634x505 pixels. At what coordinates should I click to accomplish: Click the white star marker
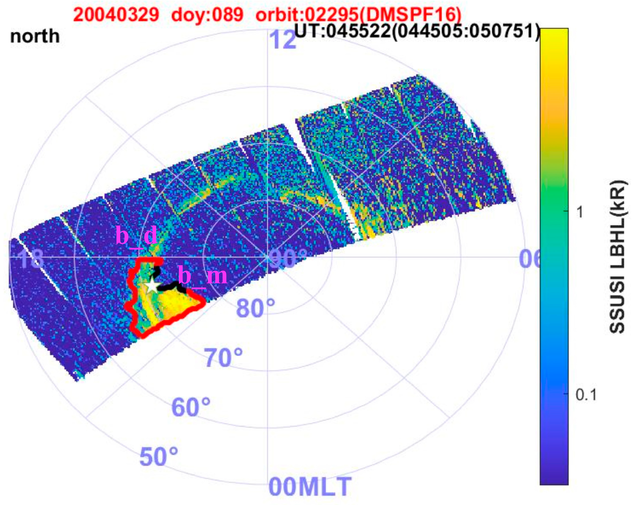coord(152,286)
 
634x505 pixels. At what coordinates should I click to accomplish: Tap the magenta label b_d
coord(136,236)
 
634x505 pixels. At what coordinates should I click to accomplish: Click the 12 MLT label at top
coord(282,40)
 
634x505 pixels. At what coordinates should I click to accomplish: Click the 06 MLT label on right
coord(529,259)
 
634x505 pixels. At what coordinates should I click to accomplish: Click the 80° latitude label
coord(256,308)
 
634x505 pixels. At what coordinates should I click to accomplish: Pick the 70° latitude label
coord(224,358)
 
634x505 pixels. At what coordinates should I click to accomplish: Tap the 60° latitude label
coord(191,407)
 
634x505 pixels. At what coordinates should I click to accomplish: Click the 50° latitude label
coord(159,457)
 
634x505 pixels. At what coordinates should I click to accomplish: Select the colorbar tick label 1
coord(580,212)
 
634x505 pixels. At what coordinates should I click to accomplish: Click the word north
coord(35,36)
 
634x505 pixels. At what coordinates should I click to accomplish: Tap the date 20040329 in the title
coord(116,14)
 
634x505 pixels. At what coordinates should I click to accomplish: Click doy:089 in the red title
coord(207,14)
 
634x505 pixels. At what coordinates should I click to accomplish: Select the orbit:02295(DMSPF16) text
coord(358,14)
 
